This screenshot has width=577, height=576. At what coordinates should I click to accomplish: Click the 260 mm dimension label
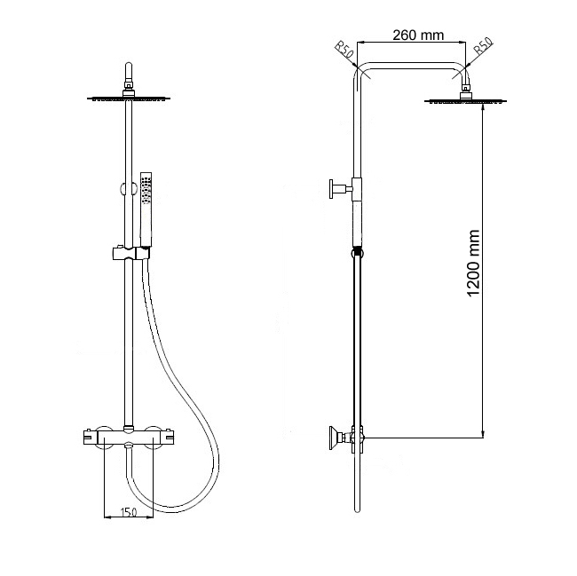coord(418,36)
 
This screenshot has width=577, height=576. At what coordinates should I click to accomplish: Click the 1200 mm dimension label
coord(473,263)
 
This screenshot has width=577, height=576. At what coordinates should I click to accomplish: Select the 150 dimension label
coord(129,511)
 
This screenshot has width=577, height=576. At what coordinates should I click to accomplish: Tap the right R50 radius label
coord(483,46)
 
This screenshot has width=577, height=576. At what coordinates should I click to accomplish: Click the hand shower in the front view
coord(146,209)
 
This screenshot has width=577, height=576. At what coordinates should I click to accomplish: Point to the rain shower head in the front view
coord(129,98)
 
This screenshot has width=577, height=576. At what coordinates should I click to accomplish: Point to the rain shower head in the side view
coord(465,100)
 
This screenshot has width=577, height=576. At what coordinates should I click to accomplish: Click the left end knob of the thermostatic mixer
coord(91,437)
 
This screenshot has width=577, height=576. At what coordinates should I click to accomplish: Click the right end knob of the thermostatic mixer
coord(167,437)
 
